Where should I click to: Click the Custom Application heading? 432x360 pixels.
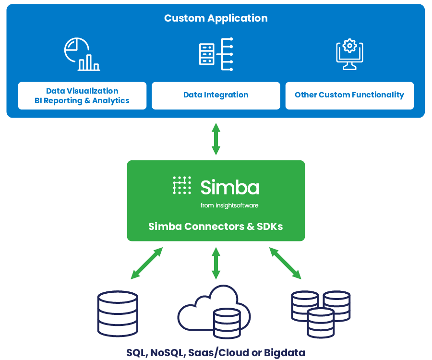[x=216, y=18]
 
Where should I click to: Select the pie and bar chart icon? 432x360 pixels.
[x=82, y=54]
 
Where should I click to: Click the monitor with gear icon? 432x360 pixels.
[x=349, y=54]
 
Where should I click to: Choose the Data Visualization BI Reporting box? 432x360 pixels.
[x=82, y=96]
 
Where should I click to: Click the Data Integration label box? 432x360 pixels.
[x=216, y=96]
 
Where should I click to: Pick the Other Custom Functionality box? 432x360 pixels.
[x=349, y=96]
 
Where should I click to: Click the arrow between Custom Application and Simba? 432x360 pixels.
[x=216, y=139]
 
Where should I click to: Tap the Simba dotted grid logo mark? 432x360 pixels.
[x=182, y=185]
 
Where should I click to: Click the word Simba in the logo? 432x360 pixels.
[x=230, y=187]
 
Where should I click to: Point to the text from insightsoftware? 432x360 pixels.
[x=230, y=205]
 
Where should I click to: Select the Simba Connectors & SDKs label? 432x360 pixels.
[x=216, y=226]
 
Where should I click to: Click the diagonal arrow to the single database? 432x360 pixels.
[x=147, y=263]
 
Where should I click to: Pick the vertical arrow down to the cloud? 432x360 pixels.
[x=216, y=263]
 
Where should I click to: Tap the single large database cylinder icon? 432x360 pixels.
[x=117, y=313]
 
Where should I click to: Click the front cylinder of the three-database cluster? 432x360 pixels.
[x=320, y=322]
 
